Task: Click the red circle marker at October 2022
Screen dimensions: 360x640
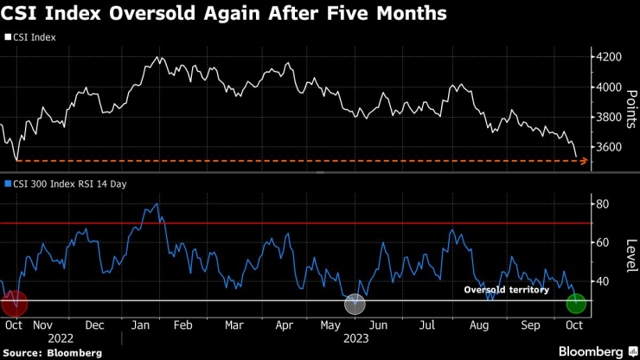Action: coord(15,304)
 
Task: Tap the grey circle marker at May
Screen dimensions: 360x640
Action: coord(355,304)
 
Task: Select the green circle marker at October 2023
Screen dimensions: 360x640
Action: coord(576,304)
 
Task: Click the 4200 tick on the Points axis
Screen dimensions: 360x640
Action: coord(610,57)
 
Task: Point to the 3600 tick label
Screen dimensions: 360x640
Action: coord(610,147)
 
